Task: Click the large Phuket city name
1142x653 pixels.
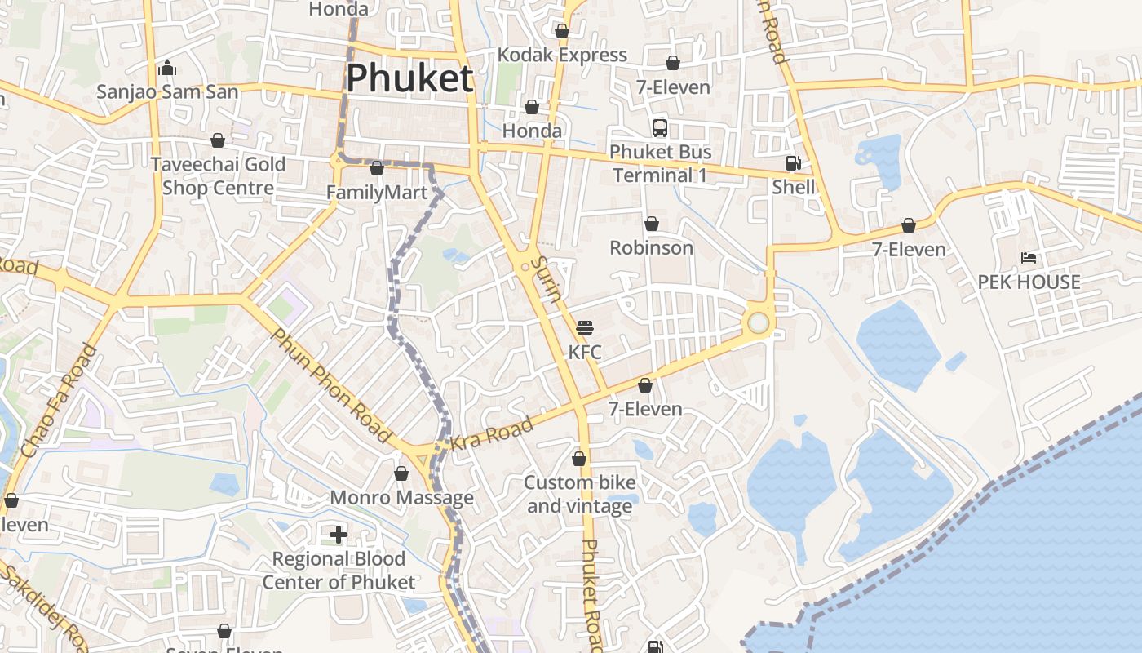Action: point(409,79)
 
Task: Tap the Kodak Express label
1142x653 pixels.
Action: point(562,55)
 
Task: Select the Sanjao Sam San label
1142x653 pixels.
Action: point(167,91)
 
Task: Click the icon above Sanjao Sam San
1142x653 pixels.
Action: point(167,68)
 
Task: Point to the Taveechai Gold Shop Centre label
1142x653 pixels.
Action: point(218,175)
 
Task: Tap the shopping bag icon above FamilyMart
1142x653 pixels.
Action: point(377,169)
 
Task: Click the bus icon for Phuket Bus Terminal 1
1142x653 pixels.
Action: point(660,128)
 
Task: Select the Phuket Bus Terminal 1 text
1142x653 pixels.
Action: point(660,163)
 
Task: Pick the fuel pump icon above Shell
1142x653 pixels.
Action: point(793,163)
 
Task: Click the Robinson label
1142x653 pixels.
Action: point(652,247)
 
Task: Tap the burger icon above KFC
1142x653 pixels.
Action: point(585,329)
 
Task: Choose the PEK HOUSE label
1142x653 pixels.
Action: point(1029,282)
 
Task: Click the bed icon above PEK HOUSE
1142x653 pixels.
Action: point(1029,259)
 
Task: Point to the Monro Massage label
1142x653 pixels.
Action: point(401,498)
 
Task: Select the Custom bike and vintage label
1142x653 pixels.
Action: point(579,494)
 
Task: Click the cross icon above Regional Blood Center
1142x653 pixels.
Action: point(339,535)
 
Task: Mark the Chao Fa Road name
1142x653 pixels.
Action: point(59,401)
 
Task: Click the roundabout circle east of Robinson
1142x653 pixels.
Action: point(759,323)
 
